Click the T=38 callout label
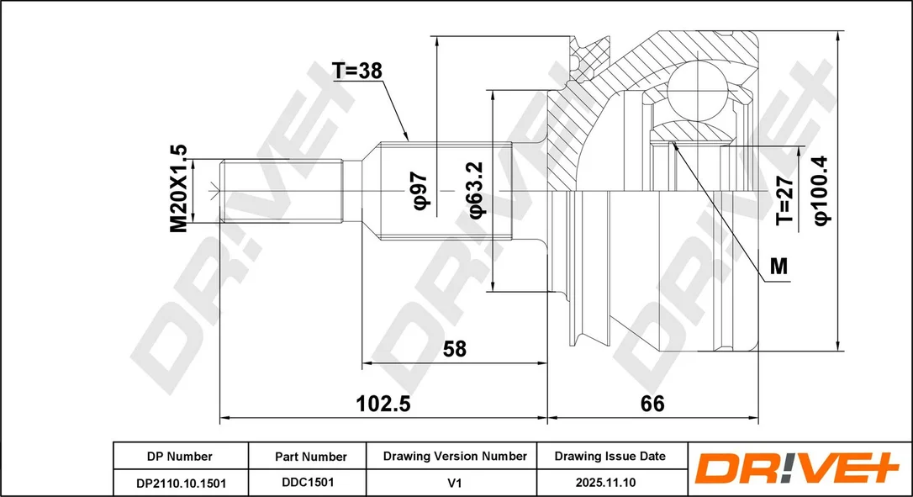(357, 71)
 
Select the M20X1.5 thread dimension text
(179, 188)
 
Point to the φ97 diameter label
(420, 191)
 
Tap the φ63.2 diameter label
(476, 190)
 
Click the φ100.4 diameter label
(821, 190)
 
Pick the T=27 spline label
(784, 200)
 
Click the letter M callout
(778, 267)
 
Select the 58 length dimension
(455, 348)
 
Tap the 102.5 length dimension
(383, 403)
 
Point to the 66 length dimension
(652, 403)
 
